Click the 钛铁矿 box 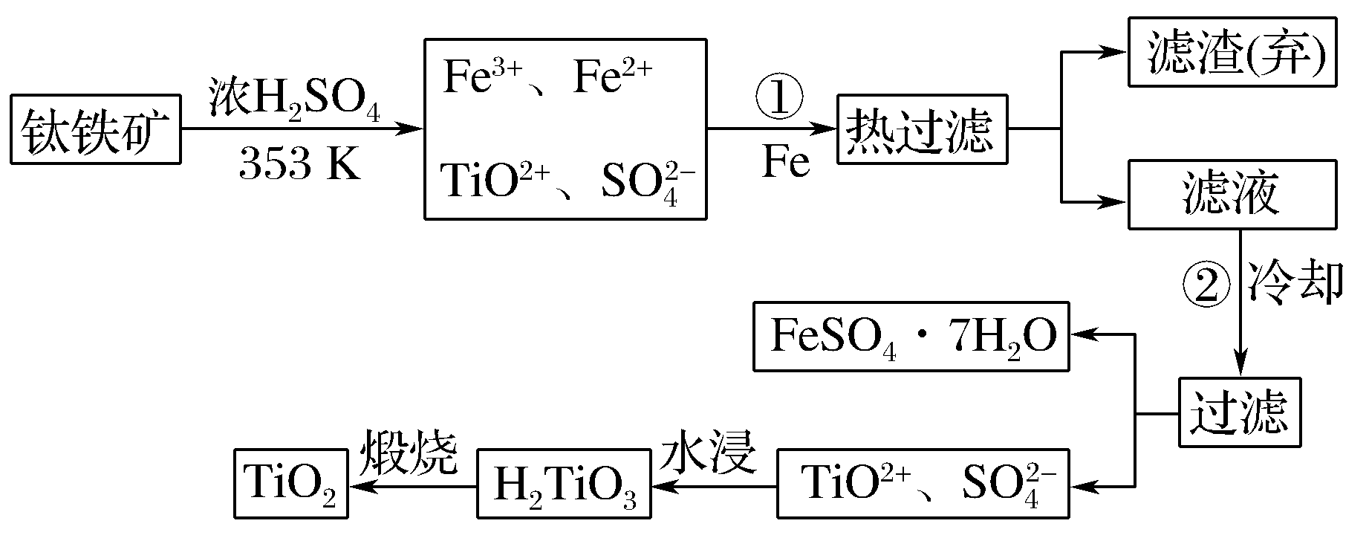tap(96, 129)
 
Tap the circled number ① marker tap(778, 100)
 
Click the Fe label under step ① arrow tap(785, 163)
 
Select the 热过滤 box tap(922, 129)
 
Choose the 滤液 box tap(1232, 195)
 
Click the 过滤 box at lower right tap(1239, 413)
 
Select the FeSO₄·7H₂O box tap(911, 337)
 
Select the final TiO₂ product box tap(290, 484)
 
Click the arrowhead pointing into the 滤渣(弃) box tap(1116, 52)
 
